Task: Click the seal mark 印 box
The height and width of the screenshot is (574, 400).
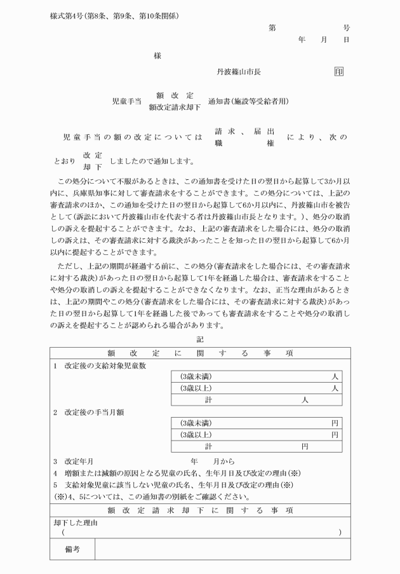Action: [338, 72]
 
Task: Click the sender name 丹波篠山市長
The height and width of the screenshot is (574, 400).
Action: [239, 72]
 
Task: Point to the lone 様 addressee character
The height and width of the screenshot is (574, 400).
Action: [157, 56]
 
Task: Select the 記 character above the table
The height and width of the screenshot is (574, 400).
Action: [200, 340]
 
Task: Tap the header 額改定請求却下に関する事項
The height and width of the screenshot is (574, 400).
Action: [200, 510]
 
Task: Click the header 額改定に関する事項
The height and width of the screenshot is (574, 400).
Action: [200, 353]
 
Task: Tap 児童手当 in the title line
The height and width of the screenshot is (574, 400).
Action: [126, 101]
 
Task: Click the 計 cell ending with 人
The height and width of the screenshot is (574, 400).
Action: [256, 400]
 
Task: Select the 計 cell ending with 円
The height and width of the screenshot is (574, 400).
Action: [256, 446]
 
